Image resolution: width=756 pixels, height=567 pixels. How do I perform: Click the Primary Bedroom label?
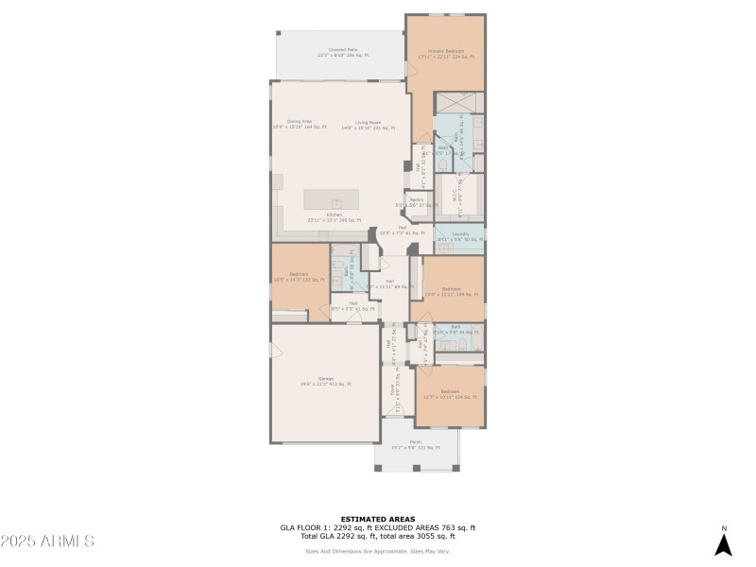tap(444, 53)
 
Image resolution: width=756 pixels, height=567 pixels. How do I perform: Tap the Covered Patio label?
tap(342, 52)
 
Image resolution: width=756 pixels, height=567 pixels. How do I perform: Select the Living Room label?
tap(369, 124)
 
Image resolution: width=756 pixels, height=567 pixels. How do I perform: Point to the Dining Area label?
tap(300, 124)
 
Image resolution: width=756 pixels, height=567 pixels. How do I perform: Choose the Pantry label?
tap(417, 201)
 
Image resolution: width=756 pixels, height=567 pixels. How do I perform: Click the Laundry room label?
tap(460, 236)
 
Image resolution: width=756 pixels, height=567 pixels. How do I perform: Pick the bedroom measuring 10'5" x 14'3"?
tap(299, 277)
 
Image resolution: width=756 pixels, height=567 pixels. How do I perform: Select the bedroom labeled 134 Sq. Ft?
tap(450, 394)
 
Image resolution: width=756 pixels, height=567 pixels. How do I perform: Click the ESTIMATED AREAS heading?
tap(378, 519)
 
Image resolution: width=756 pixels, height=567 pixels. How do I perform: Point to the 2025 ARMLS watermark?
tap(47, 541)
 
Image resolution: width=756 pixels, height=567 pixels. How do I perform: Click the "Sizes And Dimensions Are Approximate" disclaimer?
tap(378, 551)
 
